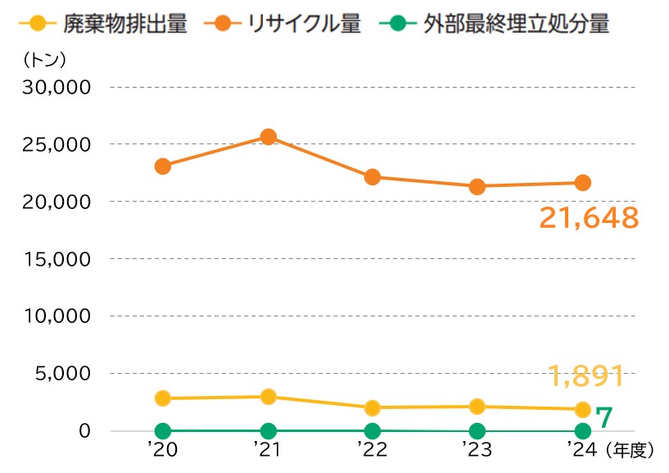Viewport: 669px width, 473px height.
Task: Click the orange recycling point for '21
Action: (268, 137)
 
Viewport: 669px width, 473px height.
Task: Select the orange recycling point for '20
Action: (163, 166)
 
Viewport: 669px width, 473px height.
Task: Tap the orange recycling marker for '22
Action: (373, 177)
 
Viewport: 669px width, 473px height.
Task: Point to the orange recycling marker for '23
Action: (477, 187)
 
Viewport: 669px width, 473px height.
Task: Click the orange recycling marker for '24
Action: (582, 183)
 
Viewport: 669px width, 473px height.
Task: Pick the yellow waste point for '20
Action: (163, 398)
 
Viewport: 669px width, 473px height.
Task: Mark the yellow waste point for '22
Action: (373, 407)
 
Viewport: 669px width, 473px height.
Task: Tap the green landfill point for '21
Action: (268, 430)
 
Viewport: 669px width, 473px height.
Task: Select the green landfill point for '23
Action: (477, 431)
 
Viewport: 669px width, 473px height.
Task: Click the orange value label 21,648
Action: (588, 218)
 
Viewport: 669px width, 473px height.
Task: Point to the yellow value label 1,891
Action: (587, 375)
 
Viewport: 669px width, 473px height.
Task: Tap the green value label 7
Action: (603, 417)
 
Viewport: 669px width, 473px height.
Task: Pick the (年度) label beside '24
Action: (631, 449)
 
